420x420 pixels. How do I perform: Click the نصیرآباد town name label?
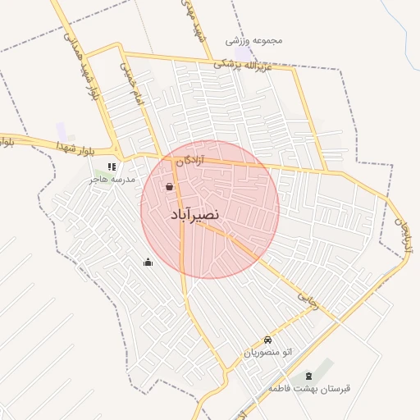coord(195,215)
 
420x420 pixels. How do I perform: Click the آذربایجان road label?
coord(403,234)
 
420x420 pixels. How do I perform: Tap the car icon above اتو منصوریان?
coord(267,340)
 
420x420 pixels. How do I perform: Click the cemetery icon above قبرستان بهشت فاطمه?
coord(308,375)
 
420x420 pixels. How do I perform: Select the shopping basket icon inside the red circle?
coord(169,187)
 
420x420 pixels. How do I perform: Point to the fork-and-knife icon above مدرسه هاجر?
coord(112,167)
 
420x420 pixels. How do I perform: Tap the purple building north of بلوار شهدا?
coord(62,130)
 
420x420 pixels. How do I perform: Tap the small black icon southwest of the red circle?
coord(148,262)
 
